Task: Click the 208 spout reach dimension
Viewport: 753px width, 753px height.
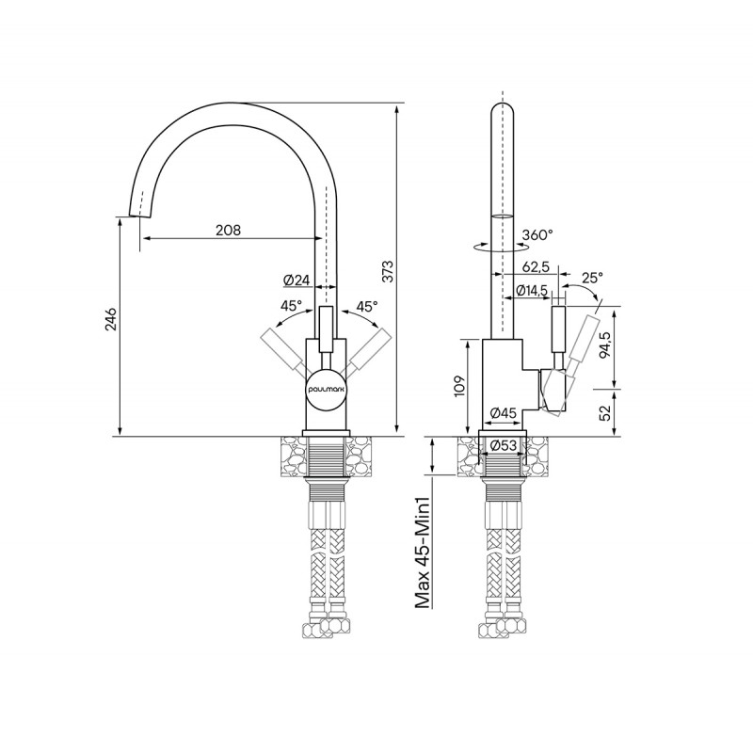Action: coord(228,230)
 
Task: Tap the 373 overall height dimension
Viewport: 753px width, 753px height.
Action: coord(388,271)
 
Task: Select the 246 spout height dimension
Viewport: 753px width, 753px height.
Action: coord(110,319)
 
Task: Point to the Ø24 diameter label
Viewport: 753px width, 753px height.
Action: coord(296,280)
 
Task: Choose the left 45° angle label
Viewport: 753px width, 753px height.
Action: coord(292,305)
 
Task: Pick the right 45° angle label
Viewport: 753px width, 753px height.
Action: coord(367,307)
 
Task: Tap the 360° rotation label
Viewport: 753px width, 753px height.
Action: coord(537,234)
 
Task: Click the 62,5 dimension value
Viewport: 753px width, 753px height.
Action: coord(536,267)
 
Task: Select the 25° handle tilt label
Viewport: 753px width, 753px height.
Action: coord(592,278)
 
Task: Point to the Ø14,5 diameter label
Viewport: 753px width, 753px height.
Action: coord(532,290)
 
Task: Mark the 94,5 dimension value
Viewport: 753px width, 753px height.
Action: coord(605,344)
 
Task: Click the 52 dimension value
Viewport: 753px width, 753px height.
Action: coord(605,412)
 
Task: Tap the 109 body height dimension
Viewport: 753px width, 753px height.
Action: coord(459,386)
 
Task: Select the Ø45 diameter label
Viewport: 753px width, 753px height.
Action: coord(504,412)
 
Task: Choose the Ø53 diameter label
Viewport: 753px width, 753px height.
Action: coord(504,445)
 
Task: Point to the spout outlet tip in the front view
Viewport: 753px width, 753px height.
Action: coord(140,216)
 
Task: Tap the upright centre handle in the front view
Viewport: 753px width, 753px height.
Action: coord(326,330)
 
